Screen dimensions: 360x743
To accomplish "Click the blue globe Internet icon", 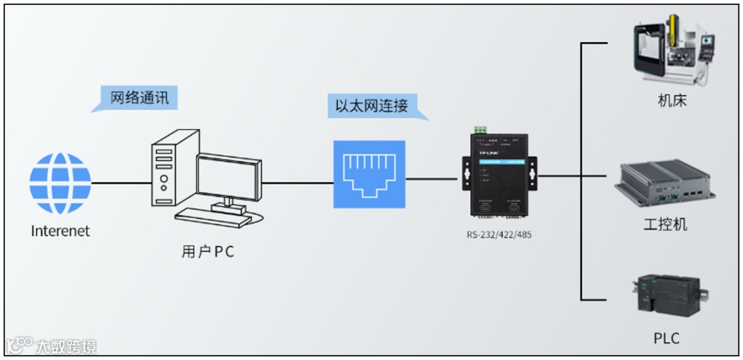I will (x=60, y=183).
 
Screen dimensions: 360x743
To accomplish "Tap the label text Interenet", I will (x=60, y=231).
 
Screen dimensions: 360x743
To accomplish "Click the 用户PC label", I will (x=208, y=252).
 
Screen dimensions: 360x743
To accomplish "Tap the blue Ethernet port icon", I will (x=369, y=174).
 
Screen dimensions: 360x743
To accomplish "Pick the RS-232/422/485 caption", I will (x=499, y=235).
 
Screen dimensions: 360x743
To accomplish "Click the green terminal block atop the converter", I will (x=480, y=129).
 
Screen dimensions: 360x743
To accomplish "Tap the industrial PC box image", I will (x=664, y=184).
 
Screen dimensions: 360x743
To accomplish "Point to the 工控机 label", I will (x=665, y=225).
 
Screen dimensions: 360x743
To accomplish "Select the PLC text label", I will (x=666, y=338).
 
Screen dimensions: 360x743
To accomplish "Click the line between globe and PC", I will (x=120, y=183).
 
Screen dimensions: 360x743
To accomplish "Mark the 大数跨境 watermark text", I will (x=66, y=346).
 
